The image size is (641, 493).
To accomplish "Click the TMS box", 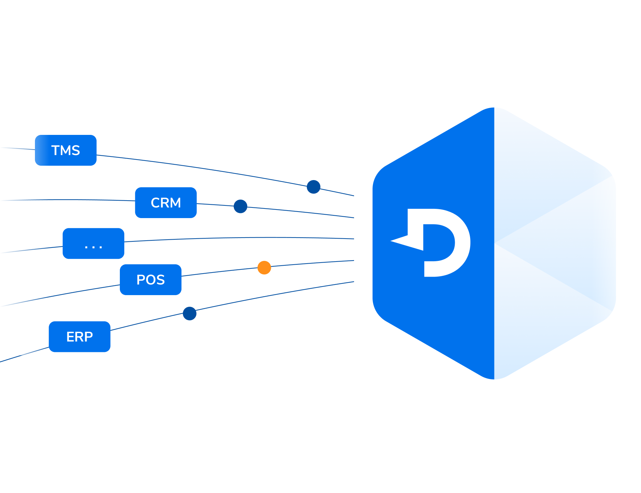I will click(x=66, y=150).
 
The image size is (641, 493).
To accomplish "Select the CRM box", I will click(x=166, y=203).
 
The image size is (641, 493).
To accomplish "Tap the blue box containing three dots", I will click(x=93, y=243).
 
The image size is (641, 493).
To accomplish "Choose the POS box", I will click(x=150, y=280).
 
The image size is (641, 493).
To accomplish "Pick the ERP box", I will click(x=79, y=337).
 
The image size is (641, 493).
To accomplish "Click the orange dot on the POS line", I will click(x=264, y=267).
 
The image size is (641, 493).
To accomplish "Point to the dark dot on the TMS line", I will click(x=313, y=187).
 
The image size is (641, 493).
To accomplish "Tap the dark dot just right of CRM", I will click(x=240, y=206).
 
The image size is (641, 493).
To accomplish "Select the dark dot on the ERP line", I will click(x=189, y=314).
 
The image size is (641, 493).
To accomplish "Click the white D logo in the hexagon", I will click(x=442, y=242).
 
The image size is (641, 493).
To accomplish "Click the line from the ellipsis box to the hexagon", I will click(x=240, y=238).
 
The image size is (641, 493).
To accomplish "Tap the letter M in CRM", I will click(x=175, y=203).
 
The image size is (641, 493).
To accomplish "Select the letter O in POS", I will click(x=151, y=280).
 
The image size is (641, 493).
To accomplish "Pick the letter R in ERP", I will click(x=79, y=337).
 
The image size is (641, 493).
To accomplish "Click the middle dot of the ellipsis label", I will click(x=93, y=247).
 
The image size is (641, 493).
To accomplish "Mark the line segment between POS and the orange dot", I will click(x=219, y=271).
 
